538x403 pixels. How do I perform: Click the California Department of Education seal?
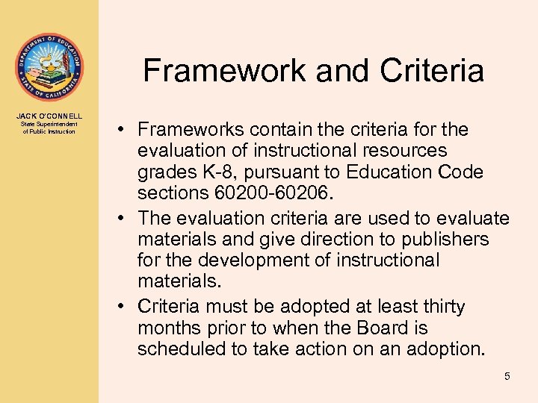(x=49, y=66)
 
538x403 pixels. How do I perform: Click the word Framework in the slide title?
(x=224, y=71)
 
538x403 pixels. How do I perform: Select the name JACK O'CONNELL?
(x=49, y=116)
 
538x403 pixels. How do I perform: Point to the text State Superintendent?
(x=49, y=124)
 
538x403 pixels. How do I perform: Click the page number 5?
(x=507, y=376)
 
